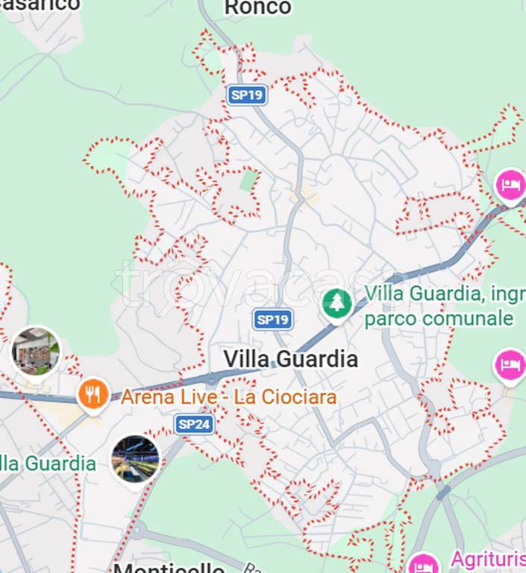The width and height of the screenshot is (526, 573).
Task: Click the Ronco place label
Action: coord(257,8)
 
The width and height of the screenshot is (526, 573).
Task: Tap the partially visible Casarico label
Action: coord(41,4)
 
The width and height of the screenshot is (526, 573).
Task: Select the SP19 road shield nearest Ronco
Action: coord(247,95)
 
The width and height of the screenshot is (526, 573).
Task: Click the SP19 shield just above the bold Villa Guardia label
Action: coord(272,320)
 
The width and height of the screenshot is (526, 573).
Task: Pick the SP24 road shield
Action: coord(195,425)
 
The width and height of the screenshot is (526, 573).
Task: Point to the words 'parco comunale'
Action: coord(439,319)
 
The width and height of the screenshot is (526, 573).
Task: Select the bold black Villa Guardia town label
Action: coord(290,359)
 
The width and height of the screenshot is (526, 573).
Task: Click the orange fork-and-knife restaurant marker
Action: coord(93,394)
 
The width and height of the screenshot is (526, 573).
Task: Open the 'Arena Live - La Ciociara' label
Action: coord(228,397)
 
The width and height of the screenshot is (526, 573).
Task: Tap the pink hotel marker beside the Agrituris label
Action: coord(424,563)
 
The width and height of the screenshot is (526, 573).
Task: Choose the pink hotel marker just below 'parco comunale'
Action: coord(510,366)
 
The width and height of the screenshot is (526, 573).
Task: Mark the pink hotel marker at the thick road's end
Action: coord(510,184)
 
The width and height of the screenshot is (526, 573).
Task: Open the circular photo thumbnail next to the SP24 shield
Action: coord(135,458)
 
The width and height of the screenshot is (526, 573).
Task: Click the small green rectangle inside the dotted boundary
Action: coord(249,179)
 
